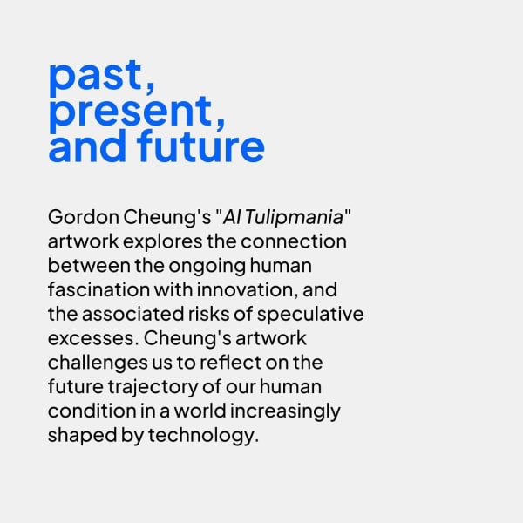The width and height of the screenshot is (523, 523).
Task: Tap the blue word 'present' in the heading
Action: [x=131, y=112]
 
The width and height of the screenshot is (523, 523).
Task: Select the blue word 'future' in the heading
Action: [x=200, y=146]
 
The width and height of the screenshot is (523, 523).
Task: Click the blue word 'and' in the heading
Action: [x=87, y=146]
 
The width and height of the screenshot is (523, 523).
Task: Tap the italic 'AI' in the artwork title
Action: [x=232, y=217]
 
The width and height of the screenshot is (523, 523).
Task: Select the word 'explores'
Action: [x=163, y=242]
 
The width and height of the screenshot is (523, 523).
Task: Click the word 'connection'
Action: [x=294, y=241]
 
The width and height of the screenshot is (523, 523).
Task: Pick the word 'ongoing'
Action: [x=207, y=267]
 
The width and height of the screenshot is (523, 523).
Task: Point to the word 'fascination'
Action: [x=98, y=289]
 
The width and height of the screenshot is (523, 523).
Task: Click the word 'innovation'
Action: [x=248, y=289]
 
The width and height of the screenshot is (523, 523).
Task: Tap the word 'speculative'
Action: [x=310, y=315]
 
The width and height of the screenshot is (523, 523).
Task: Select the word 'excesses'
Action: [x=92, y=338]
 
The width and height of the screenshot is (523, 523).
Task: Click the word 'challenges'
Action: [x=98, y=363]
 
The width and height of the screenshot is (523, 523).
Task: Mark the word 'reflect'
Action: [x=230, y=363]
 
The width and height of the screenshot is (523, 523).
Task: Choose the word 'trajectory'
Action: [x=153, y=388]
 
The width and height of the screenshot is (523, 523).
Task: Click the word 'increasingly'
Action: [x=285, y=411]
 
